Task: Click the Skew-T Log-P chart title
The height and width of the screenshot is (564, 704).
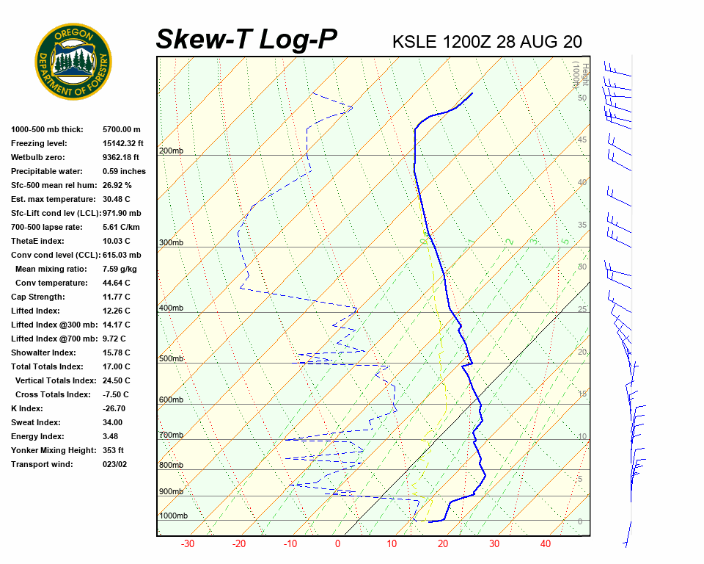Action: [247, 39]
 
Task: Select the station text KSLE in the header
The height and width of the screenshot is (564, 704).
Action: [415, 41]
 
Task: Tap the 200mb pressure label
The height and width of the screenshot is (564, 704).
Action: [171, 151]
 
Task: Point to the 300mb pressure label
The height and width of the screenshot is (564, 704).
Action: [171, 242]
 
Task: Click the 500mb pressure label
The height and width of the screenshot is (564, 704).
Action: [171, 358]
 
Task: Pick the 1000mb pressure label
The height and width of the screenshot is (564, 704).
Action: [173, 516]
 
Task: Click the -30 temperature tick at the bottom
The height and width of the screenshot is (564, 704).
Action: [188, 544]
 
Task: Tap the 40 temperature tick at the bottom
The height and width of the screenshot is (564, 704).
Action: [545, 544]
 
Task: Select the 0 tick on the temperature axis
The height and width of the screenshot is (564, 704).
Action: [337, 544]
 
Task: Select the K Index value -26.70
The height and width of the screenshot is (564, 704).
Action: [114, 408]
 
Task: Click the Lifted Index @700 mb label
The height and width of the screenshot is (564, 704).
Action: [52, 339]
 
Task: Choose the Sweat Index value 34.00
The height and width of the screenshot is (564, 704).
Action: [112, 422]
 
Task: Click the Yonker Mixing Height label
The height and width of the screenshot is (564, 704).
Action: [53, 450]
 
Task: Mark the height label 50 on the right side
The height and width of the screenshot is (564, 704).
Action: [582, 98]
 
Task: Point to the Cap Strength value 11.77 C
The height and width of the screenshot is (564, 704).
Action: [116, 297]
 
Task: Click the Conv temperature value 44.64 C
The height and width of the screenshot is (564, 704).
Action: [116, 283]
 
